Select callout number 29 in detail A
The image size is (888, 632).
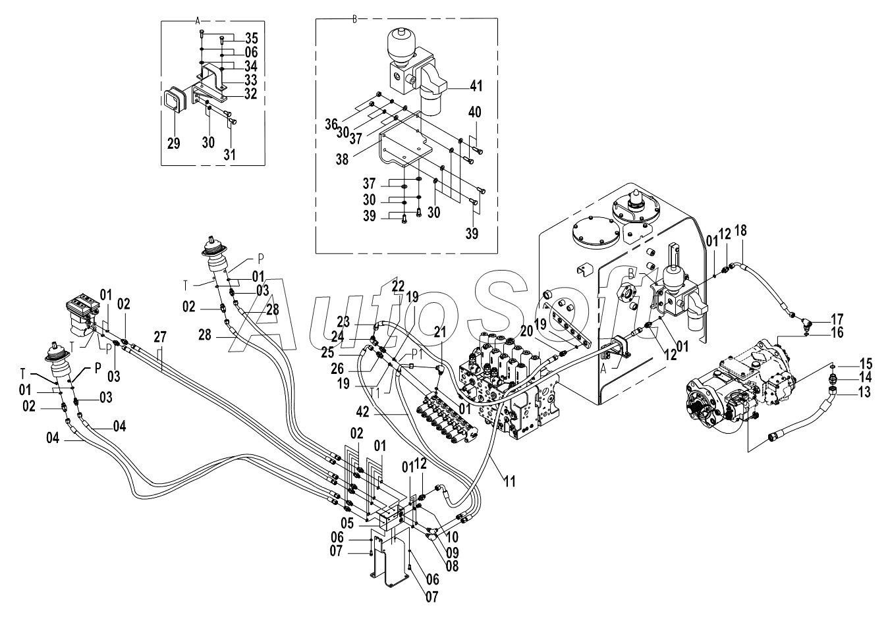[174, 144]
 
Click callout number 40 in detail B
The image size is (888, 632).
[474, 113]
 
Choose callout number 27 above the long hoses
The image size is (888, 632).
[160, 337]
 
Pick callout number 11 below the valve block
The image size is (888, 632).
[510, 482]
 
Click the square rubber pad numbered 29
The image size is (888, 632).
[174, 108]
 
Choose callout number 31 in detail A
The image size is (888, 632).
[229, 155]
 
